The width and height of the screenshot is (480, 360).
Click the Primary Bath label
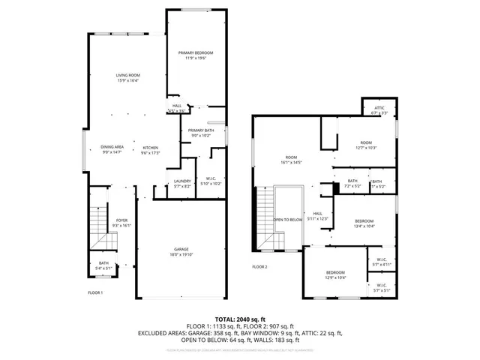point(200,133)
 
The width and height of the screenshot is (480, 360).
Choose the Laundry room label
point(183,182)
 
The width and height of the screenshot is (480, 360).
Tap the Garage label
point(181,251)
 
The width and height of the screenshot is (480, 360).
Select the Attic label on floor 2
point(379,110)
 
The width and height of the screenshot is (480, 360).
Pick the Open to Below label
point(287,220)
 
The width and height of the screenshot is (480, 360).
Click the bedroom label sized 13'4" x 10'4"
point(364,223)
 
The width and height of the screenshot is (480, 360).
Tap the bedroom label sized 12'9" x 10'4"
point(335,274)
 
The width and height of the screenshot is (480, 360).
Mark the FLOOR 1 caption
point(95,292)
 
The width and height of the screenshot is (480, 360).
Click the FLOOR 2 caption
point(259,266)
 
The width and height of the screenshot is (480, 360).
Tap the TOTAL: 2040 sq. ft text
point(240,319)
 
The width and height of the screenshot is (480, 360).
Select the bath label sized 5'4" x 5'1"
point(103,265)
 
